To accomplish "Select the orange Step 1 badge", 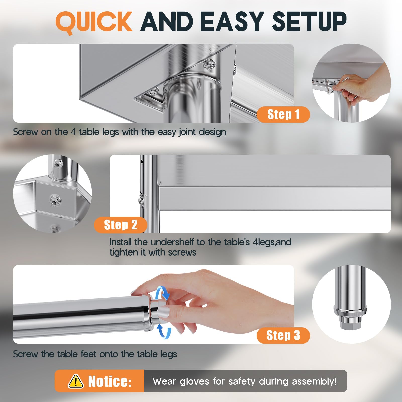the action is tap(283, 114).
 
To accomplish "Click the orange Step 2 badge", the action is tap(121, 225).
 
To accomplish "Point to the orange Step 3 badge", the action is tap(283, 335).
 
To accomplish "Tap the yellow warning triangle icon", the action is tap(76, 381).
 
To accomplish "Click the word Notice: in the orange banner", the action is tap(110, 381).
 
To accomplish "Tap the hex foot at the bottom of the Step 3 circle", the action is tap(351, 324).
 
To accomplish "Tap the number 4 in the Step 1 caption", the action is tap(73, 132).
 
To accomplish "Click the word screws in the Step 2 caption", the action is tap(182, 253).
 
